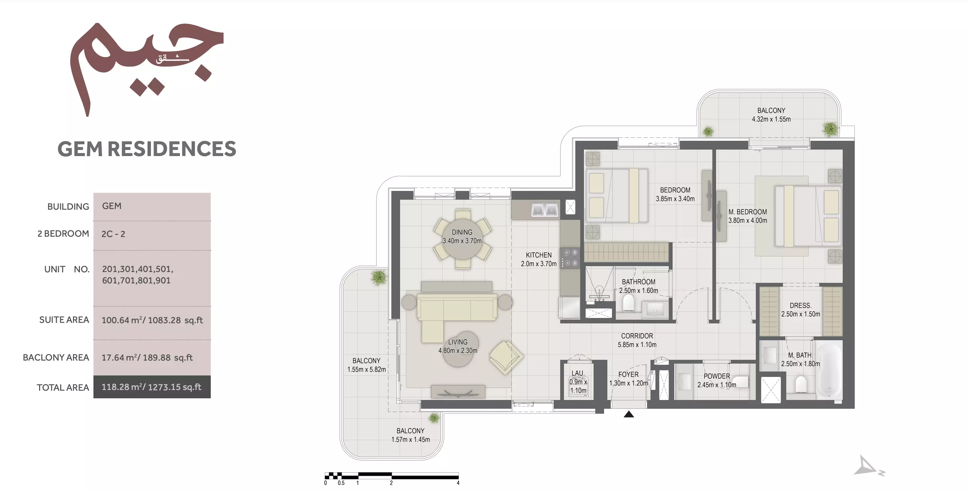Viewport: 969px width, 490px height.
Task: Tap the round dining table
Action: click(462, 239)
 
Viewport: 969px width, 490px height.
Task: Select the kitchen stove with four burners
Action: click(570, 258)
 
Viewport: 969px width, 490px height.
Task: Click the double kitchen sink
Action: click(544, 209)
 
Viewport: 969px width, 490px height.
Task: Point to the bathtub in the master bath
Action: click(829, 370)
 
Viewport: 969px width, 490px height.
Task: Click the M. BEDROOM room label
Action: click(748, 212)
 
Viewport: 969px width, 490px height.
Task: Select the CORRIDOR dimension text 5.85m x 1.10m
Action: click(637, 344)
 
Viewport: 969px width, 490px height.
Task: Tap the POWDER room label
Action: click(717, 376)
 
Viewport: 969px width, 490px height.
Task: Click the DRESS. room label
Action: click(800, 305)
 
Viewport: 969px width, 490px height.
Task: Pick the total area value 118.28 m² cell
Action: click(152, 387)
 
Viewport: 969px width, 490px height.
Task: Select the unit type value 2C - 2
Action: click(113, 234)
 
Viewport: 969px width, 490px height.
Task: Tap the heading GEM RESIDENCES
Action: click(147, 148)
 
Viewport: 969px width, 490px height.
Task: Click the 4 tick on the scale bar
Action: click(458, 483)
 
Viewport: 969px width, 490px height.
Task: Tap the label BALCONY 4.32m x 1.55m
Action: click(771, 115)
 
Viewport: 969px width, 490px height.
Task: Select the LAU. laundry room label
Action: click(578, 373)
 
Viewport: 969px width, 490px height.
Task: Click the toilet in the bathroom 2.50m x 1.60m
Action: click(628, 303)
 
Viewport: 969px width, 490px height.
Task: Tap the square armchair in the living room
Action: click(506, 357)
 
